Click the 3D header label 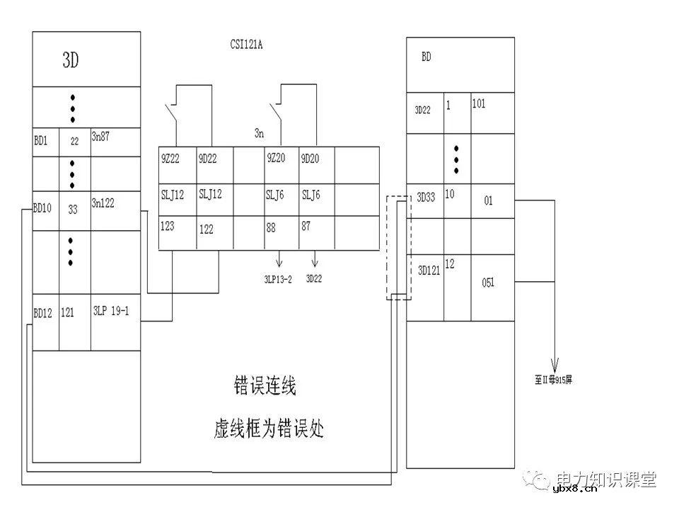(71, 60)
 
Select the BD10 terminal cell (44, 209)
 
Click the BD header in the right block (426, 57)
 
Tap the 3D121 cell (427, 270)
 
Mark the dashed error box (398, 248)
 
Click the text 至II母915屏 (555, 379)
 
